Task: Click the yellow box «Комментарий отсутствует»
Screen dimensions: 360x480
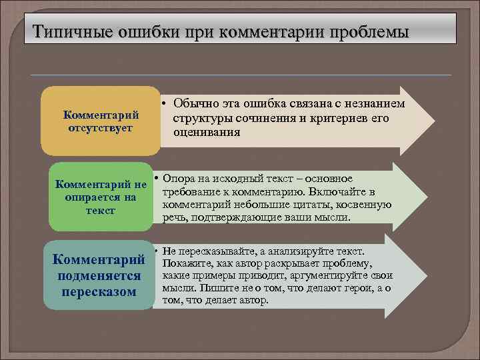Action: tap(100, 121)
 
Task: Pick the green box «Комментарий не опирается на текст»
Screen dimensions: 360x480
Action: tap(100, 197)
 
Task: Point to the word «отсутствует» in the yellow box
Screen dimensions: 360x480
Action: tap(100, 127)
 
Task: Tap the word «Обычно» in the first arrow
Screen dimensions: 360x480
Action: tap(195, 103)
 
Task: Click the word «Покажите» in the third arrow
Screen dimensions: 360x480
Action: tap(189, 263)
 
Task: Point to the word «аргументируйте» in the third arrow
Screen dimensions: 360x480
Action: tap(335, 275)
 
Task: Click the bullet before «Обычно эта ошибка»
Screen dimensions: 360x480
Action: tap(163, 103)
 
